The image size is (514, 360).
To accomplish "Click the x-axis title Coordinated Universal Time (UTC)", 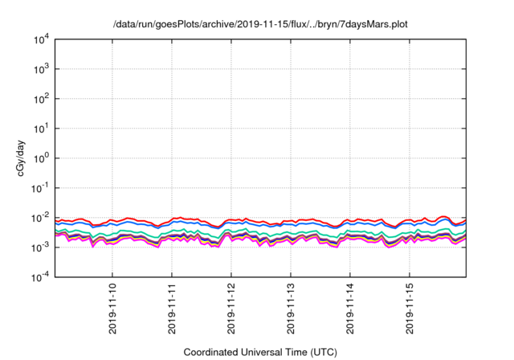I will [259, 352].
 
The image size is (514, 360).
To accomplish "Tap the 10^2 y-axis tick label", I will [40, 99].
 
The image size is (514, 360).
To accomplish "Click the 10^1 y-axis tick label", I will [40, 129].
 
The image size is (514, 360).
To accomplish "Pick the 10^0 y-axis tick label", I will [40, 157].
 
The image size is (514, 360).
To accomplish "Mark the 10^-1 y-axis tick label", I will [39, 188].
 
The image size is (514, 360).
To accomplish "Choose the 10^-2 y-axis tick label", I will [39, 218].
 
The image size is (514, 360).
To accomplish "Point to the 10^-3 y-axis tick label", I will [39, 247].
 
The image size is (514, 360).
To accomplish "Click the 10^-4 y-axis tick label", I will [39, 277].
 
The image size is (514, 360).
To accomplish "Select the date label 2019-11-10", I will [112, 309].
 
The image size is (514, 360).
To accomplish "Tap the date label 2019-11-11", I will [172, 309].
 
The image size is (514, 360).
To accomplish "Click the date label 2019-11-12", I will [231, 309].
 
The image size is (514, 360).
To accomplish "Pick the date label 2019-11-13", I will [291, 309].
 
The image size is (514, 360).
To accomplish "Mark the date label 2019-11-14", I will [350, 309].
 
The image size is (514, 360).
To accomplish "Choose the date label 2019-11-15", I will [410, 309].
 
